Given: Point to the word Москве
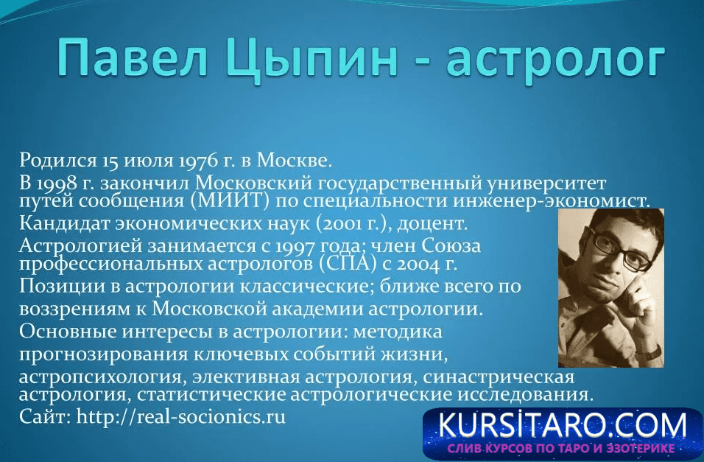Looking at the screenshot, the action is (x=294, y=160).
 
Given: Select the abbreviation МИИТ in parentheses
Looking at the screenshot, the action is (x=230, y=200).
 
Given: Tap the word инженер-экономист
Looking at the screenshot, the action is (x=551, y=200).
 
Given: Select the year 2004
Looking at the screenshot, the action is (x=419, y=265).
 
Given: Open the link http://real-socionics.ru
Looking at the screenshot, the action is (x=181, y=416).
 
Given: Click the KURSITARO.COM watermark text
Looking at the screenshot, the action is (x=563, y=425).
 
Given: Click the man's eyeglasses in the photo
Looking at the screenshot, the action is (x=619, y=251).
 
